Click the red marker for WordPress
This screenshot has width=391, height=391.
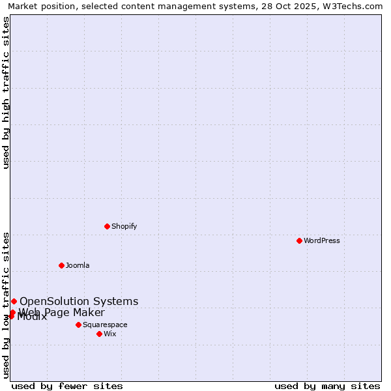pyautogui.click(x=299, y=240)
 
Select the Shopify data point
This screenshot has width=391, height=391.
pyautogui.click(x=107, y=226)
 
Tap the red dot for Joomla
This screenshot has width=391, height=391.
pyautogui.click(x=61, y=265)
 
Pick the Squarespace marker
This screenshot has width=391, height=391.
pyautogui.click(x=78, y=325)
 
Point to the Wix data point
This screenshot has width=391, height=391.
pyautogui.click(x=99, y=334)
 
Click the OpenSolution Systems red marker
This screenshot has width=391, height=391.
pyautogui.click(x=14, y=301)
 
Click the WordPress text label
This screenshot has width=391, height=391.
pyautogui.click(x=322, y=240)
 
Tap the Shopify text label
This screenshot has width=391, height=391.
pyautogui.click(x=124, y=226)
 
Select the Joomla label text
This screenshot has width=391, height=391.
pyautogui.click(x=78, y=265)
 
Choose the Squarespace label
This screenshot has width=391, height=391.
pyautogui.click(x=105, y=325)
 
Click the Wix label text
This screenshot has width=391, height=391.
pyautogui.click(x=110, y=334)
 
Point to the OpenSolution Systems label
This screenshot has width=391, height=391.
pyautogui.click(x=79, y=301)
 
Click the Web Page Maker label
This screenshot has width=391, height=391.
pyautogui.click(x=62, y=312)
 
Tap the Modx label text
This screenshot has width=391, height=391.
pyautogui.click(x=33, y=317)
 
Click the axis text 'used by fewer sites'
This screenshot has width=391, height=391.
pyautogui.click(x=67, y=386)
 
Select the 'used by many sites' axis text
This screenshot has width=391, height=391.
pyautogui.click(x=327, y=386)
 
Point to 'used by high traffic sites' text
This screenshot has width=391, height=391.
pyautogui.click(x=7, y=93)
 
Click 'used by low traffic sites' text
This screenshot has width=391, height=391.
pyautogui.click(x=7, y=305)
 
